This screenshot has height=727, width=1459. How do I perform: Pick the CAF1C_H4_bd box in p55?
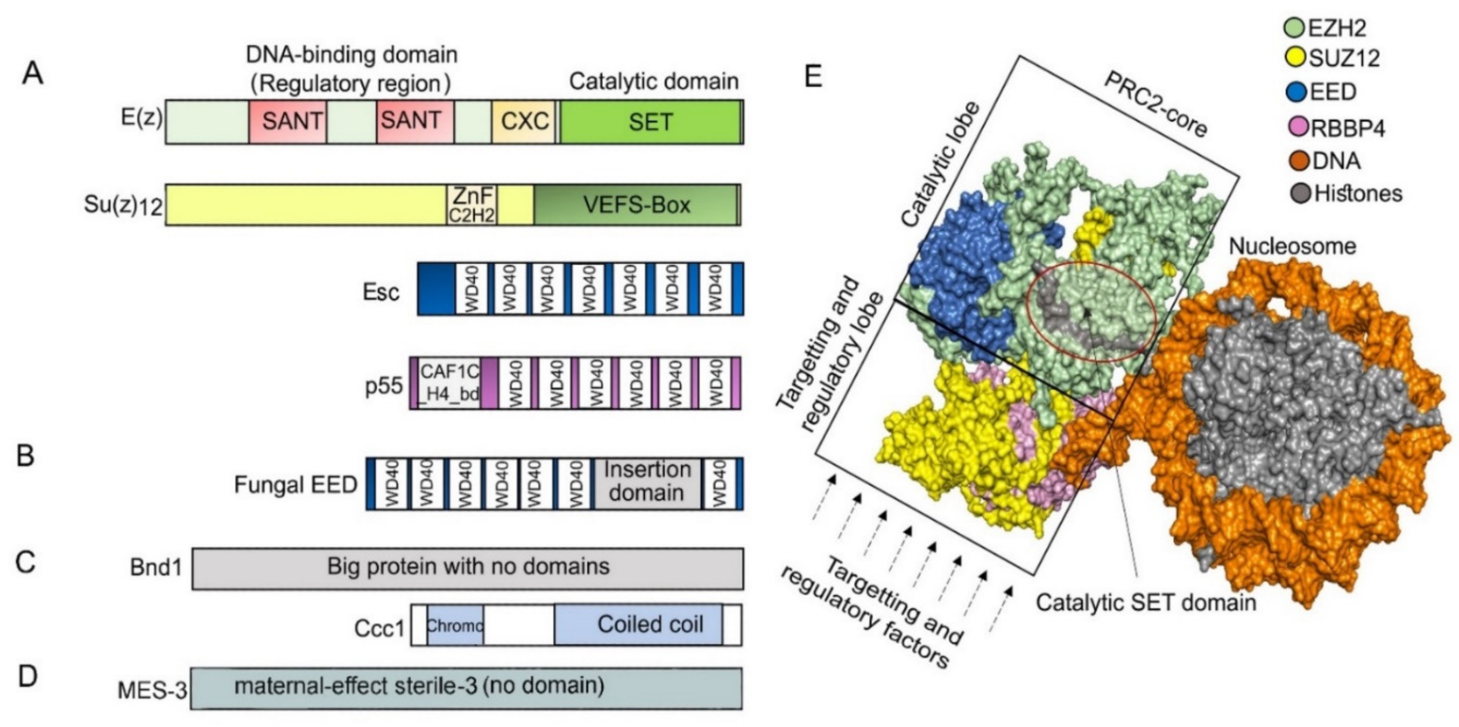point(450,383)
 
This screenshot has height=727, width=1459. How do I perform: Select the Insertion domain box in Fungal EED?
point(647,483)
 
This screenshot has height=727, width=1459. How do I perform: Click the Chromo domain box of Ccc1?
point(455,625)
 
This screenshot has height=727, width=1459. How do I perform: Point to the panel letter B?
point(25,456)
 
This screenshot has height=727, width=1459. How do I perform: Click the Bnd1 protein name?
point(156,568)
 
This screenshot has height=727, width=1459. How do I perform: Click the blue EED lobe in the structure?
point(957,266)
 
